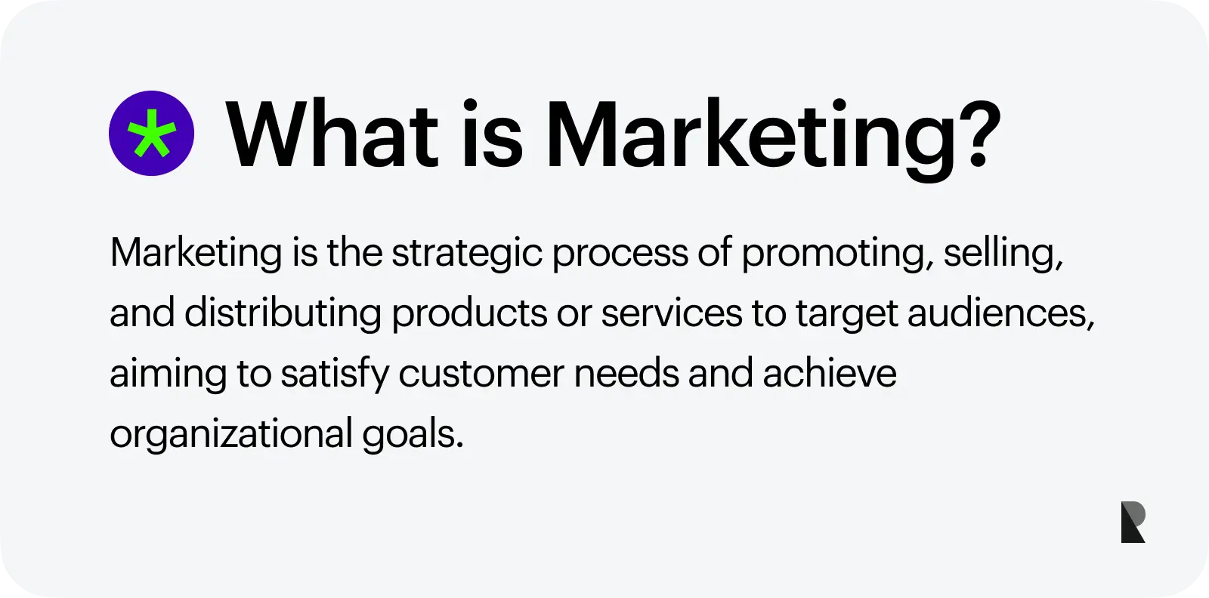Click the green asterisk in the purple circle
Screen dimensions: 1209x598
click(152, 133)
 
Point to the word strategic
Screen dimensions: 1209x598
click(467, 254)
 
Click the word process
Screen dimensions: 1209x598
click(620, 254)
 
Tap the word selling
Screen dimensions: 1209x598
click(1003, 254)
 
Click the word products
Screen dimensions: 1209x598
click(469, 314)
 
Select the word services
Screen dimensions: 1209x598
click(672, 315)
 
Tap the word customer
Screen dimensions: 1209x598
click(481, 375)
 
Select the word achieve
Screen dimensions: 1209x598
click(830, 373)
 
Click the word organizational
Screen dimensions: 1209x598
click(231, 435)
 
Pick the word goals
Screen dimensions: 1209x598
click(413, 435)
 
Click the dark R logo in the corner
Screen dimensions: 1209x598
click(1133, 522)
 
